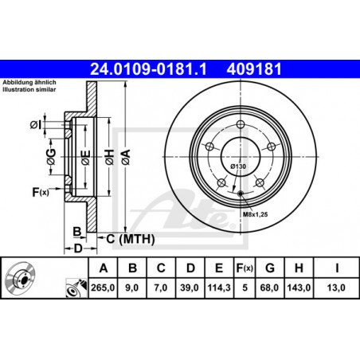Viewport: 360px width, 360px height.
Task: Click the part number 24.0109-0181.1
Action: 148,69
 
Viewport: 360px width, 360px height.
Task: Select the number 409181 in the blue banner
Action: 254,69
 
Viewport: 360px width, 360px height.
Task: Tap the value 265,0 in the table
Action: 103,288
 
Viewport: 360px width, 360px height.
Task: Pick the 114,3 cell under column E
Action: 219,288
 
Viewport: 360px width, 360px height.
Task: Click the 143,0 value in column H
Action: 299,288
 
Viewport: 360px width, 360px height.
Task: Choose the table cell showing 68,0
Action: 269,288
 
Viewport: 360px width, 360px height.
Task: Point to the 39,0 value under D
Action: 190,288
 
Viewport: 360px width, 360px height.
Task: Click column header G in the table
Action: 270,268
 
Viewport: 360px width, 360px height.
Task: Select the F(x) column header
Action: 245,268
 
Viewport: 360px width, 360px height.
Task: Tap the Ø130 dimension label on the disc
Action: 238,166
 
